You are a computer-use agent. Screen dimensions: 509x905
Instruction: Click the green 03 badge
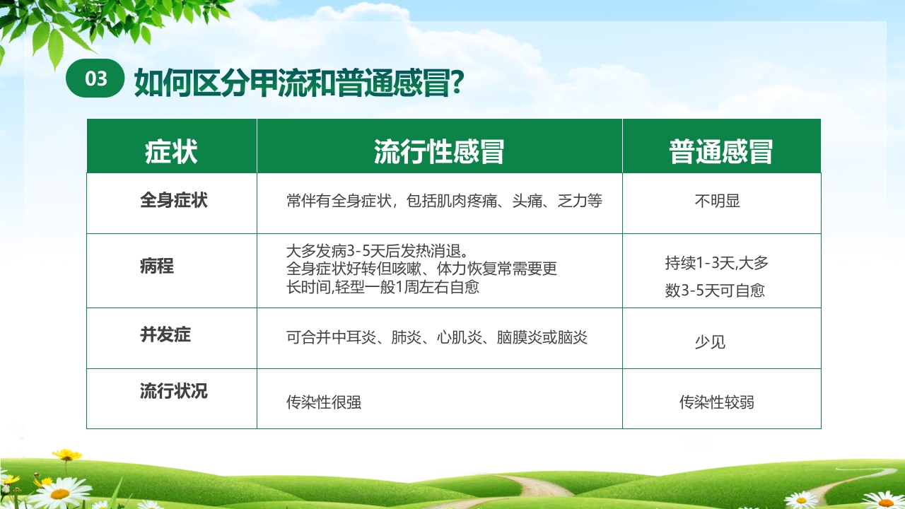95,79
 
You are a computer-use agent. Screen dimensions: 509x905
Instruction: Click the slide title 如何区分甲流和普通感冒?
298,82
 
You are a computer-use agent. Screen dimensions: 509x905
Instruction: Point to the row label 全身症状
174,200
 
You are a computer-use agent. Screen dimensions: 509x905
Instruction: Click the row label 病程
157,267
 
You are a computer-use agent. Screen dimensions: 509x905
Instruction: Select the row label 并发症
165,334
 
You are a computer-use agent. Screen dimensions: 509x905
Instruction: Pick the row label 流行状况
174,391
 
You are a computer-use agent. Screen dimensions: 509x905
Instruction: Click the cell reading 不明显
717,201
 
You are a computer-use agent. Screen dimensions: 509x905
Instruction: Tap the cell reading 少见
710,343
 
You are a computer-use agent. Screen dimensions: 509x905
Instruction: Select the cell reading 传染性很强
324,402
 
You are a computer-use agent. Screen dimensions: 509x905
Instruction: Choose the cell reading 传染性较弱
717,402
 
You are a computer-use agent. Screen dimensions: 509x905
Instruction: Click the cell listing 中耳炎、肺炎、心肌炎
437,337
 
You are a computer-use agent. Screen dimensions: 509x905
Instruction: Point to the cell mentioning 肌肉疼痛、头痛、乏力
444,201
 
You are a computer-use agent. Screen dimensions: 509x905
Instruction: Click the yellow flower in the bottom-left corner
66,455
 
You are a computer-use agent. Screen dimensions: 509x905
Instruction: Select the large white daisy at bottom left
59,492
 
